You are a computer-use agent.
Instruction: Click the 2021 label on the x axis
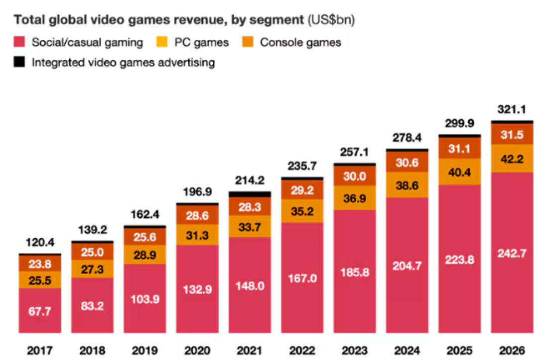coord(250,351)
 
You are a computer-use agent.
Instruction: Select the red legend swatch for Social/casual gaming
coord(19,42)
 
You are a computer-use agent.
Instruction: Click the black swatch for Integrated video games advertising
coord(19,62)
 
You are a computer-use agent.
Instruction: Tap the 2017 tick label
coord(40,351)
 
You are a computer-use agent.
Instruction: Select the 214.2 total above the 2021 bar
coord(250,180)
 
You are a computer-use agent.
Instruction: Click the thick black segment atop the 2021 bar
coord(250,194)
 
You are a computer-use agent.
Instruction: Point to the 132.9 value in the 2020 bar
coord(197,290)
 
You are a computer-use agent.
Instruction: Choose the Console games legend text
coord(300,42)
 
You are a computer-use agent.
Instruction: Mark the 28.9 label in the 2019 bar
coord(145,255)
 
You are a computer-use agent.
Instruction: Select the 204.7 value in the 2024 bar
coord(407,266)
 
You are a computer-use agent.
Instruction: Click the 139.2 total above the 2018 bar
coord(92,230)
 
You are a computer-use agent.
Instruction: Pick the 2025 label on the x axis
coord(459,351)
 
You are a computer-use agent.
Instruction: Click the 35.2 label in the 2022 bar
coord(302,211)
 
